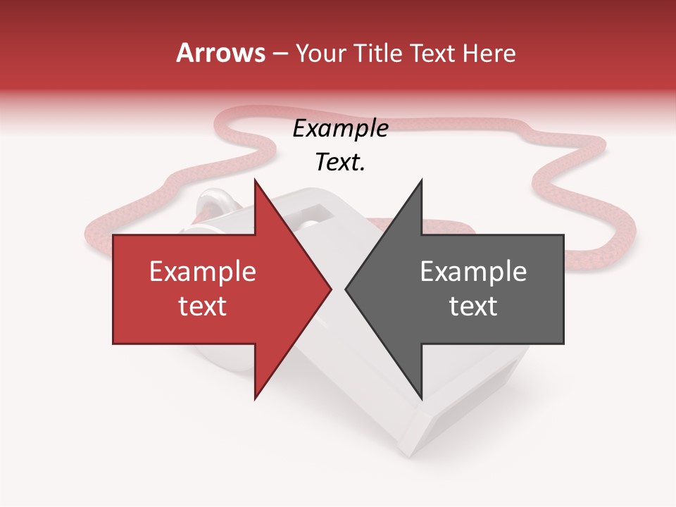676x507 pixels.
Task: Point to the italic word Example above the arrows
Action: point(340,129)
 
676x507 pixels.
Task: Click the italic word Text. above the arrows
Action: point(340,163)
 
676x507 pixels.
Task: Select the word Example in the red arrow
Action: point(202,272)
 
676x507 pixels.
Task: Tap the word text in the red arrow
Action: point(202,306)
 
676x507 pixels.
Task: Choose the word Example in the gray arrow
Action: point(473,272)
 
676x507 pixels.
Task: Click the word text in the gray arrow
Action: point(473,306)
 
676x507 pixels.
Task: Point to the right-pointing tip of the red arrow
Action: point(331,289)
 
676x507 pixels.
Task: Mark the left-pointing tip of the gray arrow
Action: point(346,289)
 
